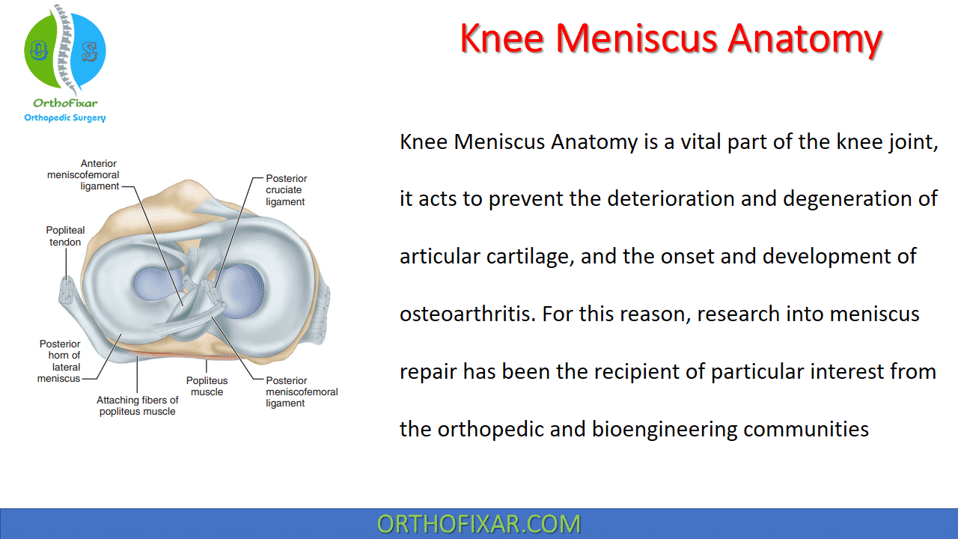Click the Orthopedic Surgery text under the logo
click(65, 118)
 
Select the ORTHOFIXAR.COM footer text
click(478, 523)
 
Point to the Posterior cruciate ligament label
click(286, 190)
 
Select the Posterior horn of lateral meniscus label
click(60, 361)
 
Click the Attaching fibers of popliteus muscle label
click(137, 406)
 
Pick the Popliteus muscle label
click(207, 386)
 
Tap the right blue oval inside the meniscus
click(239, 288)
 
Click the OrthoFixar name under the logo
click(65, 103)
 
